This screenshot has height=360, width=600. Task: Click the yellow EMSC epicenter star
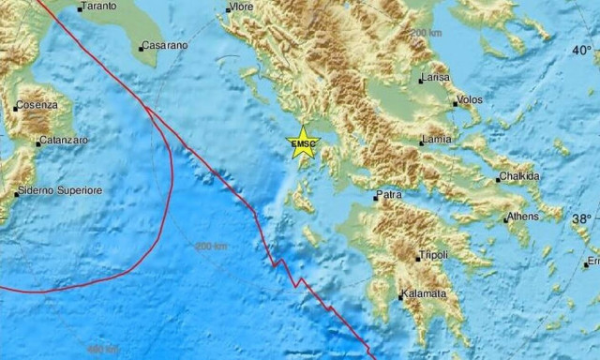(x=304, y=143)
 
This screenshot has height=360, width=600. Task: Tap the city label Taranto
(x=98, y=7)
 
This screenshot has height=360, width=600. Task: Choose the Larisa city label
(x=436, y=78)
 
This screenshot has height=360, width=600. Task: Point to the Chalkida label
(x=520, y=176)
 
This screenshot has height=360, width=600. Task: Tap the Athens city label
(x=523, y=217)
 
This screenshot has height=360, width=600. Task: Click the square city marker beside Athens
(x=505, y=220)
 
